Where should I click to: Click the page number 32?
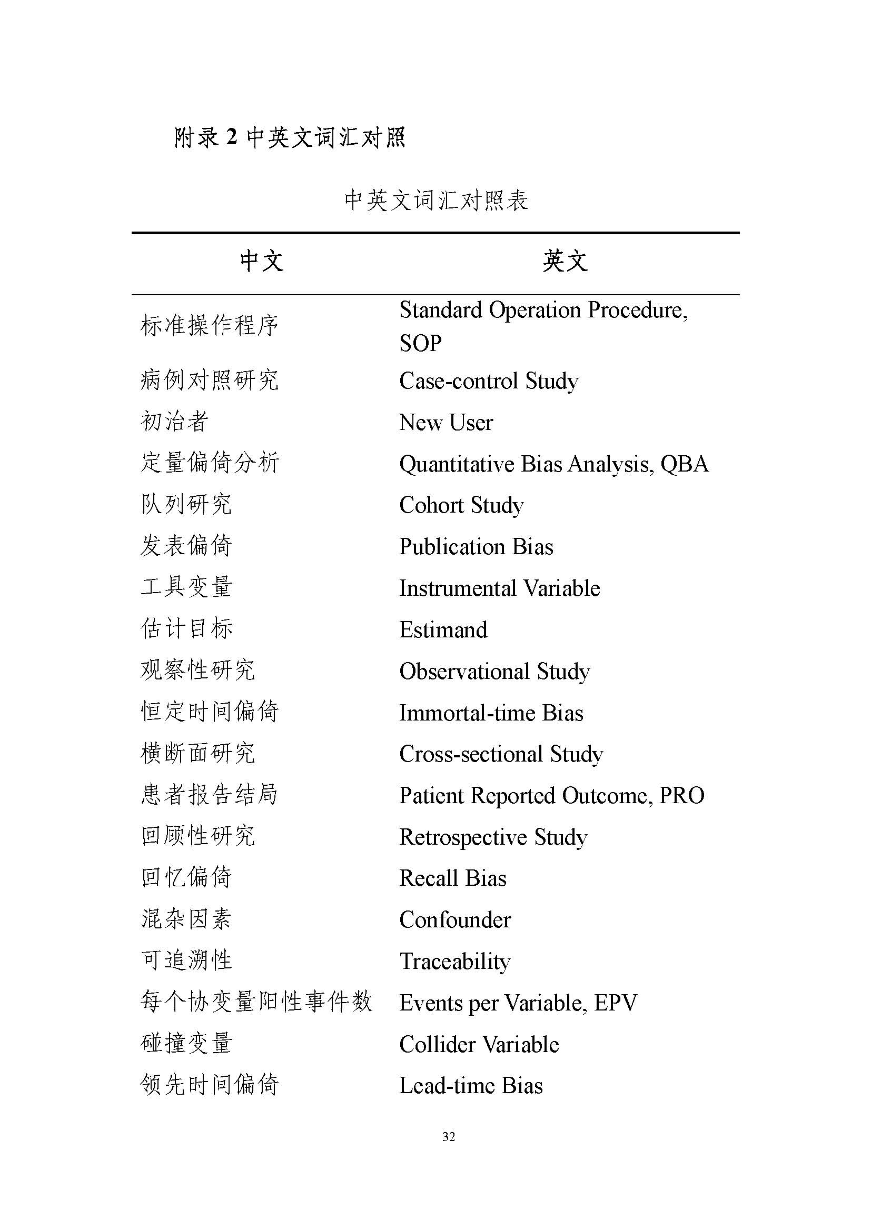tap(448, 1136)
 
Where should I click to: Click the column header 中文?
tap(261, 262)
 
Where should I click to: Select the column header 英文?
tap(565, 262)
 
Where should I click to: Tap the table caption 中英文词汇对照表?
tap(436, 201)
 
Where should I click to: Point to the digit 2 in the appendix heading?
tap(231, 137)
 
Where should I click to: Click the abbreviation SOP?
tap(420, 344)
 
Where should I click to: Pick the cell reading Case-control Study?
tap(489, 381)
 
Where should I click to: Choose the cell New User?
tap(446, 423)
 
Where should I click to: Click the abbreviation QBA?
tap(685, 464)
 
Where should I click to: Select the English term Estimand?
tap(443, 630)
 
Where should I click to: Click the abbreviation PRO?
tap(681, 796)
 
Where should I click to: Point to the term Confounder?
tap(455, 920)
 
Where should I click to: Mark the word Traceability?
tap(455, 962)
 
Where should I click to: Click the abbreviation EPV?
tap(616, 1003)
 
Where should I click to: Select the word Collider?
tap(438, 1044)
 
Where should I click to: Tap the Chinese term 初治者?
tap(174, 422)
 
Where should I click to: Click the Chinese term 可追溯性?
tap(186, 961)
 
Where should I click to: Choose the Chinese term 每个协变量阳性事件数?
tap(256, 1002)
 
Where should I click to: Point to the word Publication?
tap(452, 547)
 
